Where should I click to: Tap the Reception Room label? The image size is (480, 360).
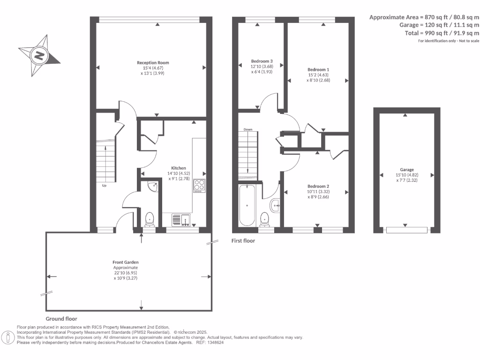(x=153, y=62)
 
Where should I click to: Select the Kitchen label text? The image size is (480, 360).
(x=178, y=168)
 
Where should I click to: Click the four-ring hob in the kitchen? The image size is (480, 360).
(x=199, y=186)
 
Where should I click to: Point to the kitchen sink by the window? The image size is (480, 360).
(x=180, y=219)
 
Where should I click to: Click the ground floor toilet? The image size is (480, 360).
(x=150, y=218)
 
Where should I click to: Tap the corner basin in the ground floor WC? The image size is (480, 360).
(x=152, y=186)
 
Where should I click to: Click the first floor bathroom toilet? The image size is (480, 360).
(x=265, y=218)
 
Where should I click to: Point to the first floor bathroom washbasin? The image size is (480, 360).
(x=275, y=204)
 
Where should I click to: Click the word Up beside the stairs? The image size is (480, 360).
(x=105, y=186)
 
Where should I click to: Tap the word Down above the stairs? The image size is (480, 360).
(x=247, y=129)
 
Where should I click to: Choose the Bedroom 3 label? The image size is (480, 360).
(x=262, y=61)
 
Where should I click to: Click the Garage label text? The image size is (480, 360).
(x=406, y=170)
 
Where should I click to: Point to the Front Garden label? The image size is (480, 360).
(x=125, y=262)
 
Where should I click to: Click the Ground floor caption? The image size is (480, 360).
(x=61, y=318)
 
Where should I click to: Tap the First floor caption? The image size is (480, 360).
(x=243, y=240)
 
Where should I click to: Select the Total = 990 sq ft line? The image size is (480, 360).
(x=442, y=33)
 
